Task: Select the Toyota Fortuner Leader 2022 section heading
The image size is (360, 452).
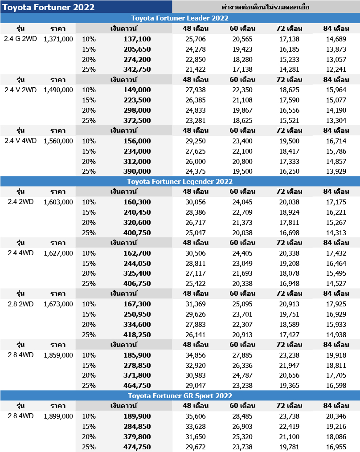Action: tap(180, 18)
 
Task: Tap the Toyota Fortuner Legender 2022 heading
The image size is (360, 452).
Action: tap(180, 181)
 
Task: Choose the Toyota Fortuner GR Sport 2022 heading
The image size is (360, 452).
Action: tap(180, 395)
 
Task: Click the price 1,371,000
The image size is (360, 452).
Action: tap(58, 39)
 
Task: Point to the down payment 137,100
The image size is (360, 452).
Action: tap(137, 39)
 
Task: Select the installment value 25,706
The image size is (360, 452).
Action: tap(196, 39)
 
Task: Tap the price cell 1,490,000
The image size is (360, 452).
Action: tap(58, 90)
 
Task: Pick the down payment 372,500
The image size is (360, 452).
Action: tap(137, 120)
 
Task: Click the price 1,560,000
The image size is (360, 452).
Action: tap(58, 141)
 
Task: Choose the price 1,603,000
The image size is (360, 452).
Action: tap(58, 202)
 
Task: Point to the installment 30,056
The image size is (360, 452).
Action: tap(196, 202)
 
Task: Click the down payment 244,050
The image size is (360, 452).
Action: tap(137, 263)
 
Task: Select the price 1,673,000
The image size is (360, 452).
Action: tap(58, 304)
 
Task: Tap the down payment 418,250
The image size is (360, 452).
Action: tap(137, 334)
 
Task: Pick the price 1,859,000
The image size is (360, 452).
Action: tap(58, 355)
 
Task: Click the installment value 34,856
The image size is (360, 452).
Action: tap(196, 355)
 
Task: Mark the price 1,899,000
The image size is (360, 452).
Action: tap(58, 416)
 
